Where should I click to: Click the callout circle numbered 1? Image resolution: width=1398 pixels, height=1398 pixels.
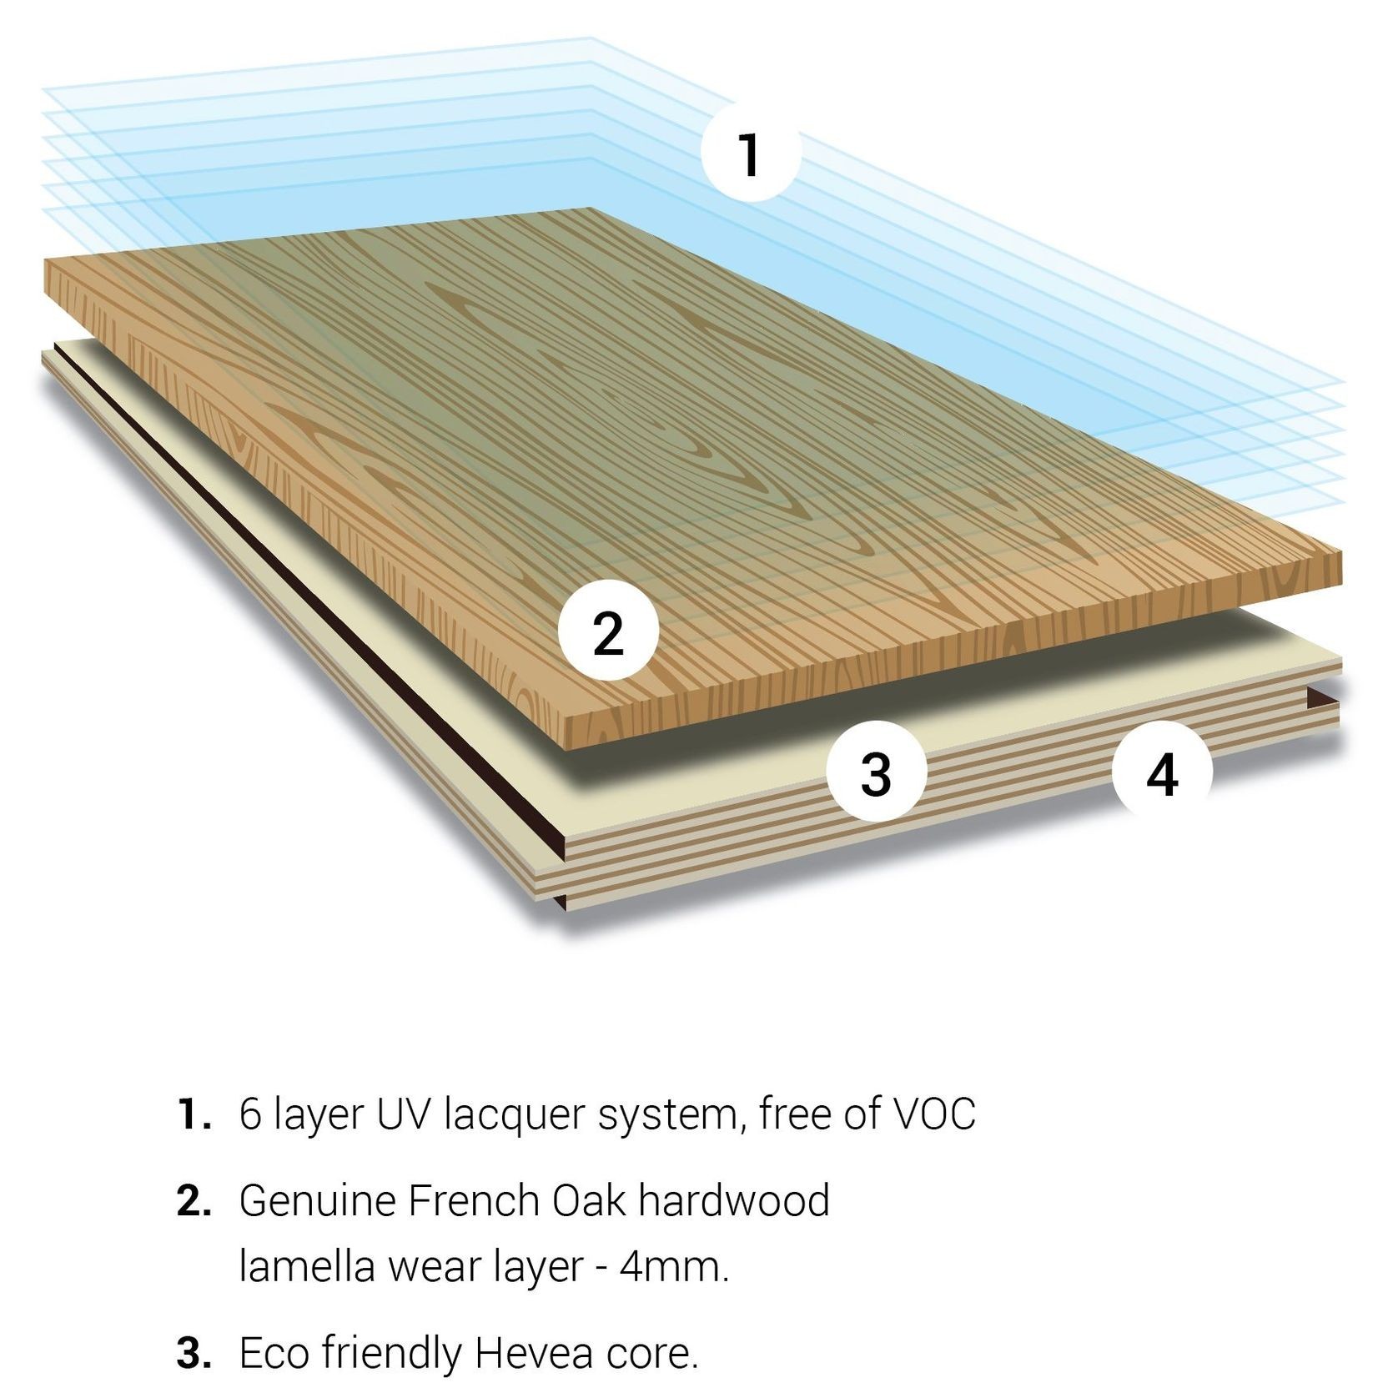click(750, 153)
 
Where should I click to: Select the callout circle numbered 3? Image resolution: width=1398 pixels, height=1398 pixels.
click(876, 772)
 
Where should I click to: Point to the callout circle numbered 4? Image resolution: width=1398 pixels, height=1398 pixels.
click(1162, 772)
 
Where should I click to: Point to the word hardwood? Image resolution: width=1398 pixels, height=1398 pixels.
click(734, 1201)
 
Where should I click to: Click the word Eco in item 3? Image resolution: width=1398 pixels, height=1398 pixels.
click(275, 1353)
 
